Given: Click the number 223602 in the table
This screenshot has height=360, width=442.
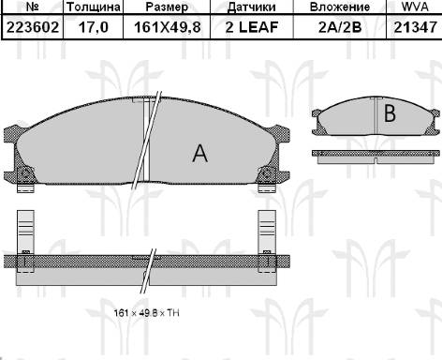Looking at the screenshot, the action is click(x=33, y=27).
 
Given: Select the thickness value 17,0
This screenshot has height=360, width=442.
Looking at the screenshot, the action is click(x=94, y=27).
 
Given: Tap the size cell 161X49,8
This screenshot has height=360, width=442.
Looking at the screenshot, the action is click(x=167, y=27).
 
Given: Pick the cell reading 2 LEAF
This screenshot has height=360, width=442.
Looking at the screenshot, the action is click(x=252, y=27).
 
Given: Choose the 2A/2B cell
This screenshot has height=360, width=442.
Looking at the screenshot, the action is click(x=340, y=27).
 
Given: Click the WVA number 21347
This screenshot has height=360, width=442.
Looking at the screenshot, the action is click(x=415, y=27).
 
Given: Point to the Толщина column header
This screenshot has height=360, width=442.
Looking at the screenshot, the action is click(x=94, y=7).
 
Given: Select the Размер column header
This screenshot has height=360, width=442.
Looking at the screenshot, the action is click(x=167, y=7).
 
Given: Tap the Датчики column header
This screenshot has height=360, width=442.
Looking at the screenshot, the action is click(x=252, y=7).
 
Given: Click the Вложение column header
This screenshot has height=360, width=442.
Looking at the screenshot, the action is click(x=340, y=7).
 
